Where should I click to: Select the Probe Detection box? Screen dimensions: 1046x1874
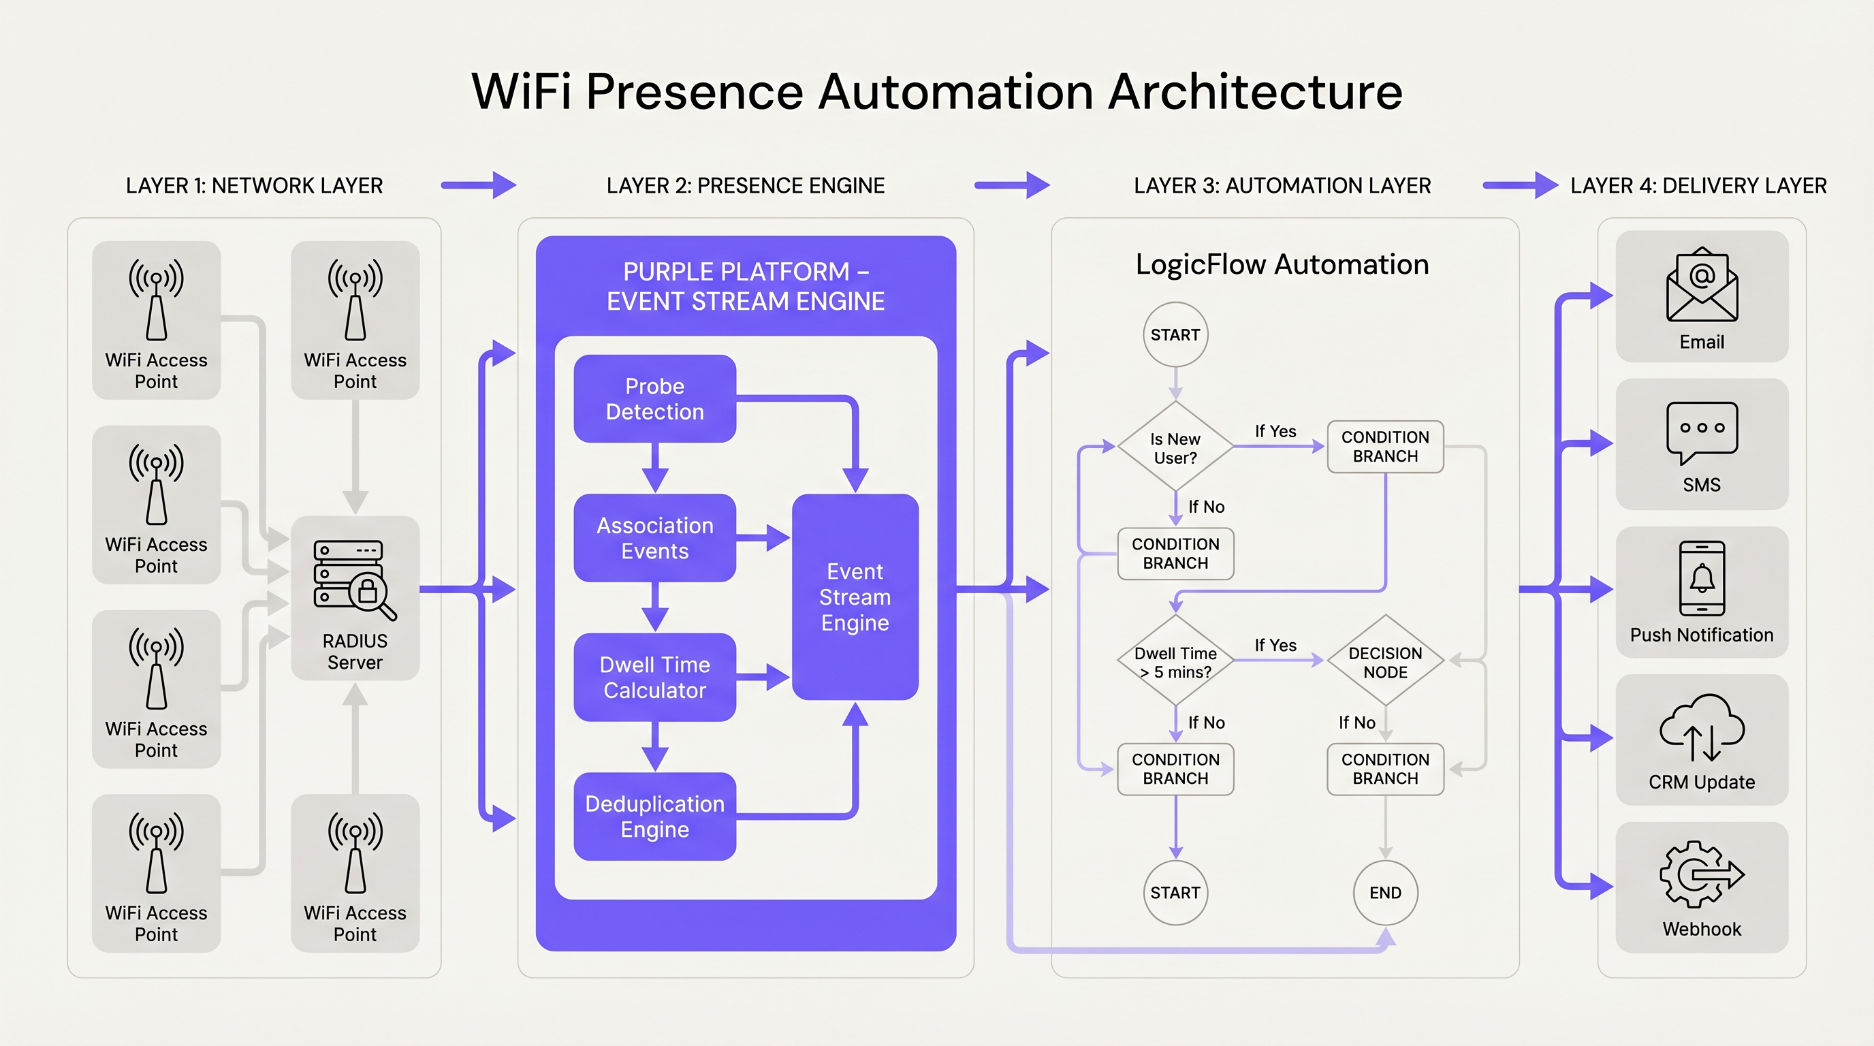point(654,398)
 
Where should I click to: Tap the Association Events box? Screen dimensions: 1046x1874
point(654,537)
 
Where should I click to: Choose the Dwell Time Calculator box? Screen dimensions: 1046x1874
point(654,677)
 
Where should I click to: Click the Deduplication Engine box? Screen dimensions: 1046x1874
point(654,816)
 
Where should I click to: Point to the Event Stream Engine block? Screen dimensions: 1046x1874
point(855,597)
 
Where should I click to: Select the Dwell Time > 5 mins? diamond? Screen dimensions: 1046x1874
point(1175,661)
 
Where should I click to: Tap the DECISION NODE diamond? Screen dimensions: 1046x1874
point(1384,661)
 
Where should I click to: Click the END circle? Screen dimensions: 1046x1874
point(1384,893)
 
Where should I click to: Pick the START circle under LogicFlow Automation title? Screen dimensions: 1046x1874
point(1175,334)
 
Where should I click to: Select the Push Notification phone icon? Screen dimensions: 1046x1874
point(1701,579)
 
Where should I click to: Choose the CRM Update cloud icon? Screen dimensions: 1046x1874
point(1701,727)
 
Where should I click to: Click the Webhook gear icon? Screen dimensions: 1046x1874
point(1701,874)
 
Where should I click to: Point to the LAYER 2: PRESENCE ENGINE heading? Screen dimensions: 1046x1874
point(745,185)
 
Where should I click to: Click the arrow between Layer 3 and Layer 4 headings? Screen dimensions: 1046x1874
point(1519,185)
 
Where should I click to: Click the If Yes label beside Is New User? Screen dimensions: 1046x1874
point(1275,431)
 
